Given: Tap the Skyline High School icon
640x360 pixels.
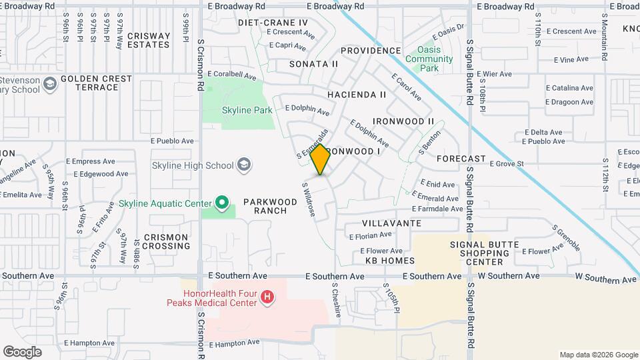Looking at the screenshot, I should click(244, 165).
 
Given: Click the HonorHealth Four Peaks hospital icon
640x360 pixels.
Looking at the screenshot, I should click(267, 297).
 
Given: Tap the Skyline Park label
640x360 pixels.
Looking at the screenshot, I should click(247, 110).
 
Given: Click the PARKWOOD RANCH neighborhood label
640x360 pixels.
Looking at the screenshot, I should click(265, 206).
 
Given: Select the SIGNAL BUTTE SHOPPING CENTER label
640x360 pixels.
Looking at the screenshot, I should click(485, 253).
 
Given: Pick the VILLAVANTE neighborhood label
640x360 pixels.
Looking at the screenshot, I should click(391, 223).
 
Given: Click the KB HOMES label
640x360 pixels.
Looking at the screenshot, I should click(390, 261).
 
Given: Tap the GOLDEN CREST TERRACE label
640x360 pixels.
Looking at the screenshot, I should click(97, 83).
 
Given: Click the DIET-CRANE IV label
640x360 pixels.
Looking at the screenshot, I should click(273, 23).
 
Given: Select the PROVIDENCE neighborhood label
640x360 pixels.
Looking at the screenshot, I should click(371, 51).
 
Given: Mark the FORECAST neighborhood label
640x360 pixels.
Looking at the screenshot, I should click(461, 159).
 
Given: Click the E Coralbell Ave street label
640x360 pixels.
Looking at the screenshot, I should click(231, 76).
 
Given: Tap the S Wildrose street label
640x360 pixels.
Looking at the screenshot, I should click(309, 200).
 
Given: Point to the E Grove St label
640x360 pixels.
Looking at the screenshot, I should click(507, 163).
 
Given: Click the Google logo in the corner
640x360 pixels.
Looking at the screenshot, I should click(22, 352).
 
